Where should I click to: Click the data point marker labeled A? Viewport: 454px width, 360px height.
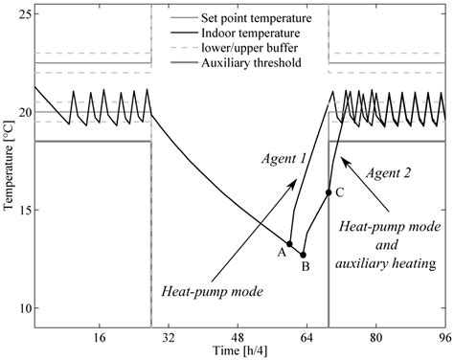pos(289,244)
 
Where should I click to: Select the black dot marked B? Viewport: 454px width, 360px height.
pos(303,255)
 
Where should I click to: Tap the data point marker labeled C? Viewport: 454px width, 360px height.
pos(329,192)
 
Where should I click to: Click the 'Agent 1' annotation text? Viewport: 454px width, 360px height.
pos(284,158)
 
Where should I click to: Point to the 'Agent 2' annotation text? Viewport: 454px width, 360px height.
pos(388,173)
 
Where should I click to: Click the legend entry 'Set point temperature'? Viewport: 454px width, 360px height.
pos(241,18)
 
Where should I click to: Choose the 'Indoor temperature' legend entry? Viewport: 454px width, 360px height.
pos(236,33)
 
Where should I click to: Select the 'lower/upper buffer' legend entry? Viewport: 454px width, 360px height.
pos(234,48)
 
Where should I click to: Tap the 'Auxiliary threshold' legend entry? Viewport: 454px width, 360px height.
pos(236,62)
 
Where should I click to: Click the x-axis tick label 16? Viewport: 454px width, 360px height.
pos(100,337)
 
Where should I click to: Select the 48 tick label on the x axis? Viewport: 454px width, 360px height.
pos(238,337)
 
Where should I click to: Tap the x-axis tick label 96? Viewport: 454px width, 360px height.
pos(445,337)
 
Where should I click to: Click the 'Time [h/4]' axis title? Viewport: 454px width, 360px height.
pos(240,351)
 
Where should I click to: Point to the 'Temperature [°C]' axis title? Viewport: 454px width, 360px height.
pos(10,165)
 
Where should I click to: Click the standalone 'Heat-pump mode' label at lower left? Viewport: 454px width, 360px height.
pos(212,292)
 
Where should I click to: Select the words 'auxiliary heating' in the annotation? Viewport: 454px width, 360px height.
pos(386,263)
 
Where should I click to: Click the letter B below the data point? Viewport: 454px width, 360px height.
pos(306,266)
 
